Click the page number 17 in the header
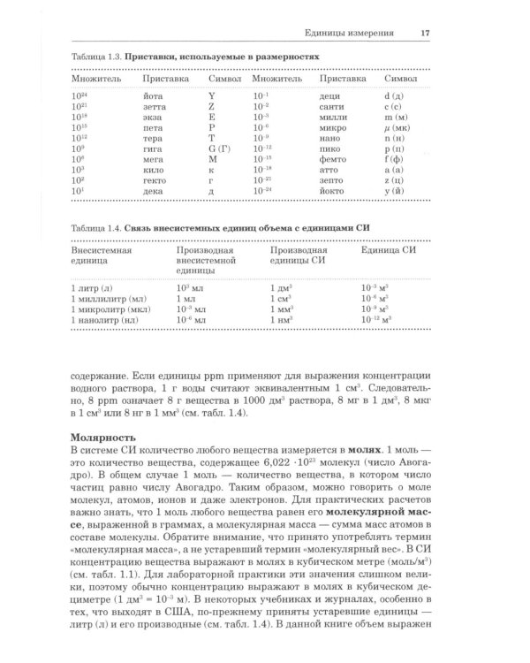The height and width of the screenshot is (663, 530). (425, 34)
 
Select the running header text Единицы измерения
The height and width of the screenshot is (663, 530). (356, 34)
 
